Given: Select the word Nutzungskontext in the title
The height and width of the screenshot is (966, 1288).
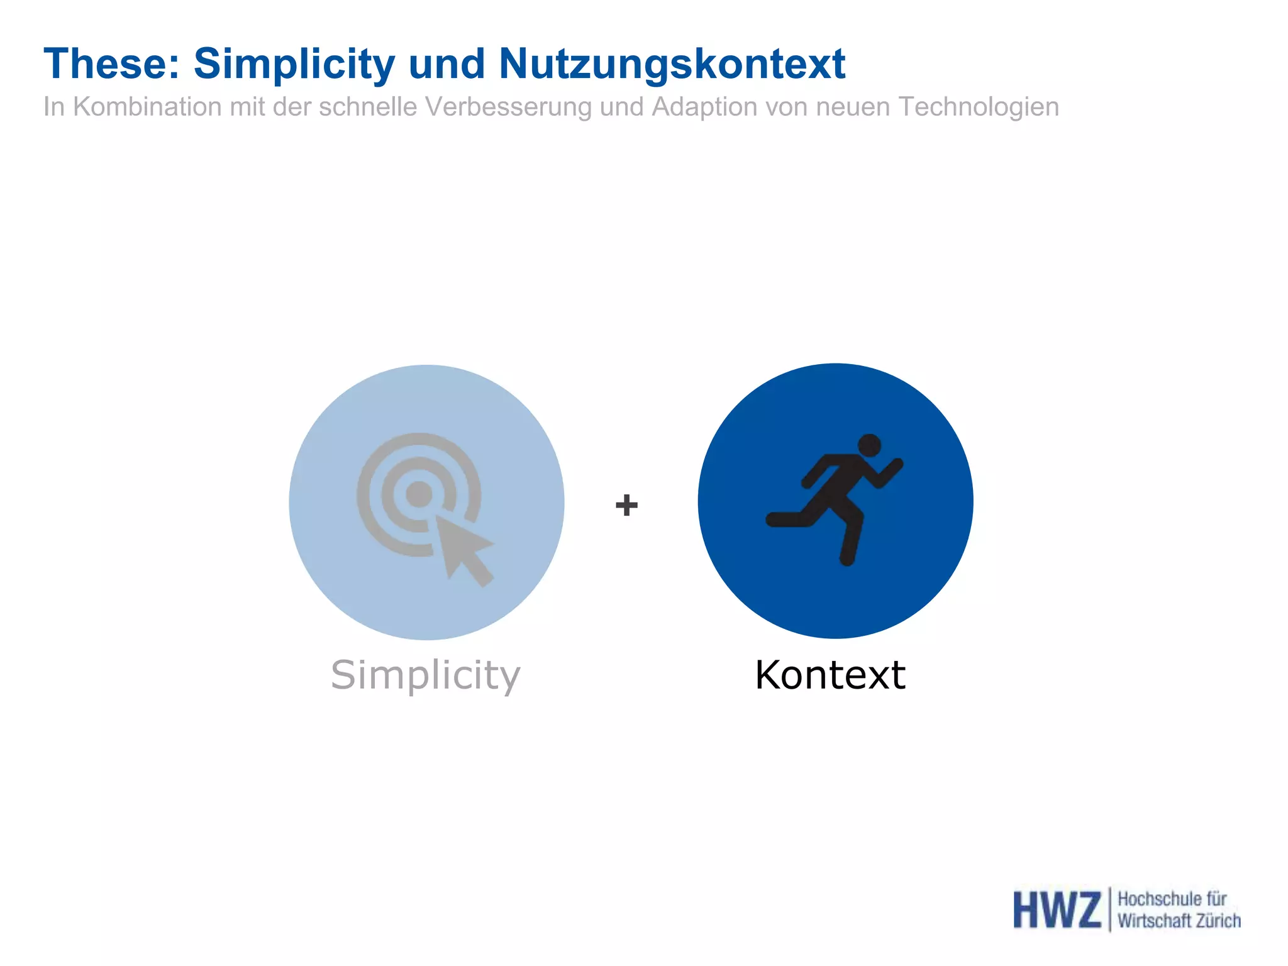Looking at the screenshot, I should (672, 64).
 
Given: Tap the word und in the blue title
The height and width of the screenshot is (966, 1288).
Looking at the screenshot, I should (447, 64).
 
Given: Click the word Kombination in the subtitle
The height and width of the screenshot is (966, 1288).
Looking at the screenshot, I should (147, 107).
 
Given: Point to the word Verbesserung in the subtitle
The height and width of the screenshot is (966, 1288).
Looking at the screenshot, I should (508, 107).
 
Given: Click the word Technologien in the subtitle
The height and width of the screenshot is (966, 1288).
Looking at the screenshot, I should (979, 107).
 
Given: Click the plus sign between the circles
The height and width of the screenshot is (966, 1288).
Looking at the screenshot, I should (626, 505).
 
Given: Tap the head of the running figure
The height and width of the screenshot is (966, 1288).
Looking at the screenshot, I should (869, 446).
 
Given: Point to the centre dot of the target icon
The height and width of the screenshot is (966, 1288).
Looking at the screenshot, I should (419, 494).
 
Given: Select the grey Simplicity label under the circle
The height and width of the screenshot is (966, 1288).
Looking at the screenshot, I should (426, 675).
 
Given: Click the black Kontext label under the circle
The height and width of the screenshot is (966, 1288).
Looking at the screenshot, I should (830, 675).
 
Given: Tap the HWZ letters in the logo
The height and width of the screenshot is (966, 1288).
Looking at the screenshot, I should (1057, 909).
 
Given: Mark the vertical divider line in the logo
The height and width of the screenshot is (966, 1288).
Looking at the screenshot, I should (1109, 909).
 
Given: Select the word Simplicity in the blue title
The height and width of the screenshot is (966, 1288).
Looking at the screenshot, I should (294, 64).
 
